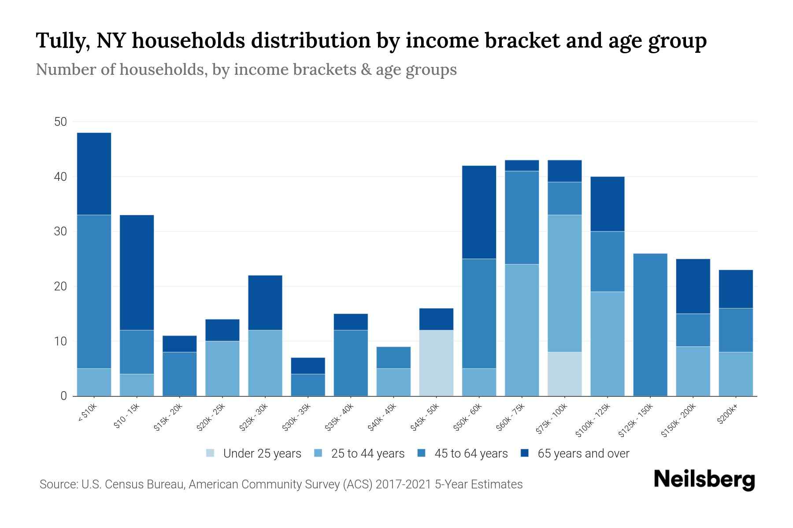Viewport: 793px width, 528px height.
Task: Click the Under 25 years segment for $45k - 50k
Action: [x=436, y=363]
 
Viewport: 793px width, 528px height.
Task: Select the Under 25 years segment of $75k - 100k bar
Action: [x=564, y=374]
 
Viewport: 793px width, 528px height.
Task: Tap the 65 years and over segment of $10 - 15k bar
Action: [x=137, y=272]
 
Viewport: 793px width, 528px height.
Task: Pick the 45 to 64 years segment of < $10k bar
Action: [x=94, y=291]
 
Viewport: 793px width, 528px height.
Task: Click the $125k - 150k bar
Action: [x=650, y=325]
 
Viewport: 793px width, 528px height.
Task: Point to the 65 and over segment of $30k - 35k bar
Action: [x=308, y=366]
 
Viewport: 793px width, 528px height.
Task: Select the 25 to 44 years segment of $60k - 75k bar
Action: [x=522, y=330]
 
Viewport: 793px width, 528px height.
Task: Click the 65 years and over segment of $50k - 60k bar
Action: [x=479, y=212]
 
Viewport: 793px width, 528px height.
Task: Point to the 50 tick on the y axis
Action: [x=60, y=122]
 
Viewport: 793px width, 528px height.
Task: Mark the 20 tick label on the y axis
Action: [x=60, y=286]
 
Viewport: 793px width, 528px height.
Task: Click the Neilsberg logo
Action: [x=704, y=480]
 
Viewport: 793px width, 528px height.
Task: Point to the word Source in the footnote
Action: [x=57, y=484]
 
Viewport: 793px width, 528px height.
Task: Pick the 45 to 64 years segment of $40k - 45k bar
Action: [x=393, y=358]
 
